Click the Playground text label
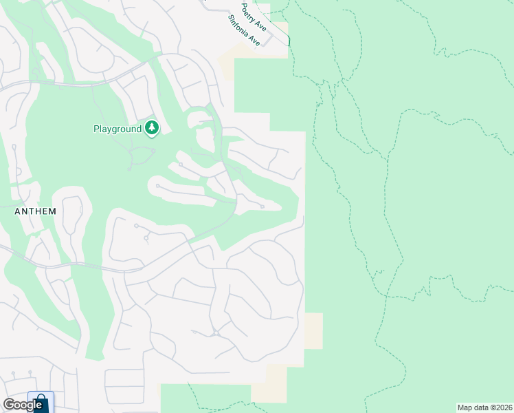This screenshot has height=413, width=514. (118, 128)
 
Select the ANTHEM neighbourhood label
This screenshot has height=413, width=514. (35, 212)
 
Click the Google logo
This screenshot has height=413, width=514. (23, 405)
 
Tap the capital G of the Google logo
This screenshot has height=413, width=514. (9, 405)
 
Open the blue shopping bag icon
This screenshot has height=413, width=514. (41, 403)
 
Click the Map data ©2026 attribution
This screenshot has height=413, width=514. (484, 407)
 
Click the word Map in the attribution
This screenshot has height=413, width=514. (465, 407)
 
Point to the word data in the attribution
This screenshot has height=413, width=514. (480, 407)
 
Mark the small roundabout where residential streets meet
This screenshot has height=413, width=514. (215, 333)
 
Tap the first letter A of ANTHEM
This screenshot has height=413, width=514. (18, 212)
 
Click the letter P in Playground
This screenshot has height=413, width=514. (97, 128)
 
